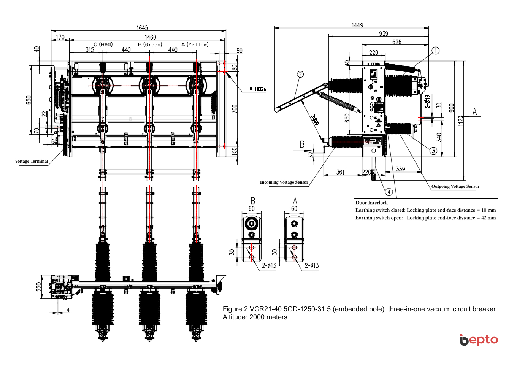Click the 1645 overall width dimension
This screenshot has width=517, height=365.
click(x=142, y=28)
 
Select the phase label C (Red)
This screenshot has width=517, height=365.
click(x=103, y=44)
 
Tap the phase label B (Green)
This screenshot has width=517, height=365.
click(x=150, y=44)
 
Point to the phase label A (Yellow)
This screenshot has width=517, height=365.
click(x=195, y=44)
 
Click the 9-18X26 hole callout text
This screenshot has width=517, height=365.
click(x=258, y=89)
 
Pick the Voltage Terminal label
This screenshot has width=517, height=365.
click(x=32, y=161)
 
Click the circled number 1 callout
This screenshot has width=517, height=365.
click(x=436, y=51)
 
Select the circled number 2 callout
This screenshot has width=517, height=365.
click(x=300, y=74)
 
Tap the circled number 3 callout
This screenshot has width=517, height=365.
click(x=433, y=151)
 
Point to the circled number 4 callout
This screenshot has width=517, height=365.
click(x=389, y=192)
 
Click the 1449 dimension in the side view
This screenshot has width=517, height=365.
click(x=357, y=25)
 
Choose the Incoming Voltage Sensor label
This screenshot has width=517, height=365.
click(x=284, y=182)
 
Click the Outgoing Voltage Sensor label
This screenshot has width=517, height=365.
click(x=455, y=186)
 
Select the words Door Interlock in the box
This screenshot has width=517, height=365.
click(x=371, y=203)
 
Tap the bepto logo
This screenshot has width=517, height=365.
click(x=479, y=340)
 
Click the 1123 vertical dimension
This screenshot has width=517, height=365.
click(x=461, y=121)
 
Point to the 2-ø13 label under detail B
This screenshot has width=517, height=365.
click(x=269, y=266)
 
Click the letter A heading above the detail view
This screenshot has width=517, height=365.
click(x=295, y=201)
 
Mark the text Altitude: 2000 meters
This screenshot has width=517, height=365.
click(x=255, y=317)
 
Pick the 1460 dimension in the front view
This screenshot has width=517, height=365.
click(x=150, y=37)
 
